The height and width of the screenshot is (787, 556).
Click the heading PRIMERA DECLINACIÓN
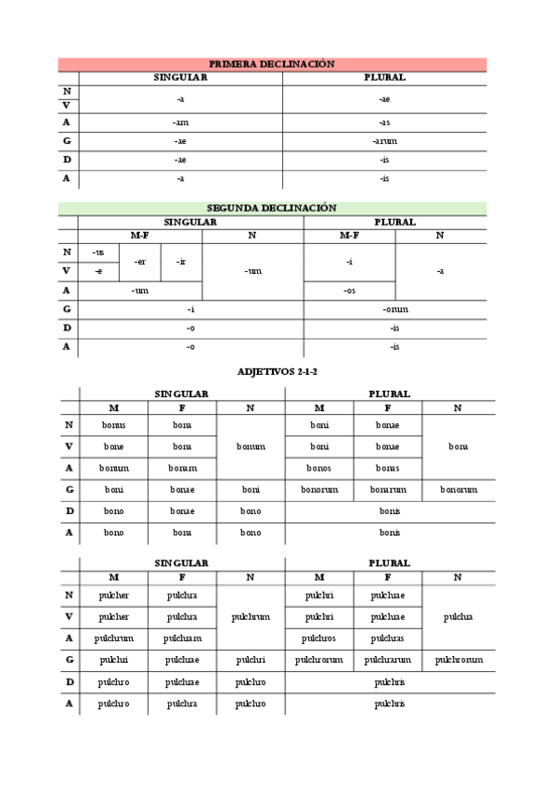(x=271, y=64)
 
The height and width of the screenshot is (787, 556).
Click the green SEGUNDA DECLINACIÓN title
(x=271, y=208)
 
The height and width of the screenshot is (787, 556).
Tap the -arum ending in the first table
(x=384, y=141)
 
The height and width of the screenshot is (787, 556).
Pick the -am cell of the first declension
(x=180, y=123)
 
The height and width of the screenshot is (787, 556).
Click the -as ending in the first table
(x=384, y=123)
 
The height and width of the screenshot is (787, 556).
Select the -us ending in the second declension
(x=98, y=252)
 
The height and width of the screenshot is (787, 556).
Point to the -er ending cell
(x=139, y=262)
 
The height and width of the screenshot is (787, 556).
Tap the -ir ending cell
(x=181, y=262)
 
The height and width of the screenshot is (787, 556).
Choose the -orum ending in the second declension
(x=394, y=309)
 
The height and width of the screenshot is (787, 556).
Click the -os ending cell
(x=349, y=290)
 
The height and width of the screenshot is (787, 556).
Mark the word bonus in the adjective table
(x=113, y=425)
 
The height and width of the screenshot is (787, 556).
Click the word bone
(x=113, y=446)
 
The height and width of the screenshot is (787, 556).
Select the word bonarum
(x=387, y=489)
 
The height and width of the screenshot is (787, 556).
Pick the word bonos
(x=318, y=468)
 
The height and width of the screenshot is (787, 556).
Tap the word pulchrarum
(x=387, y=660)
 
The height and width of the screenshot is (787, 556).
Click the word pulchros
(x=318, y=639)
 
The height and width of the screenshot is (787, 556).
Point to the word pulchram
(x=182, y=639)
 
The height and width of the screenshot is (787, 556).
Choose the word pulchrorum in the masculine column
(x=318, y=660)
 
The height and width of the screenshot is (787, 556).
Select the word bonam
(x=182, y=468)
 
